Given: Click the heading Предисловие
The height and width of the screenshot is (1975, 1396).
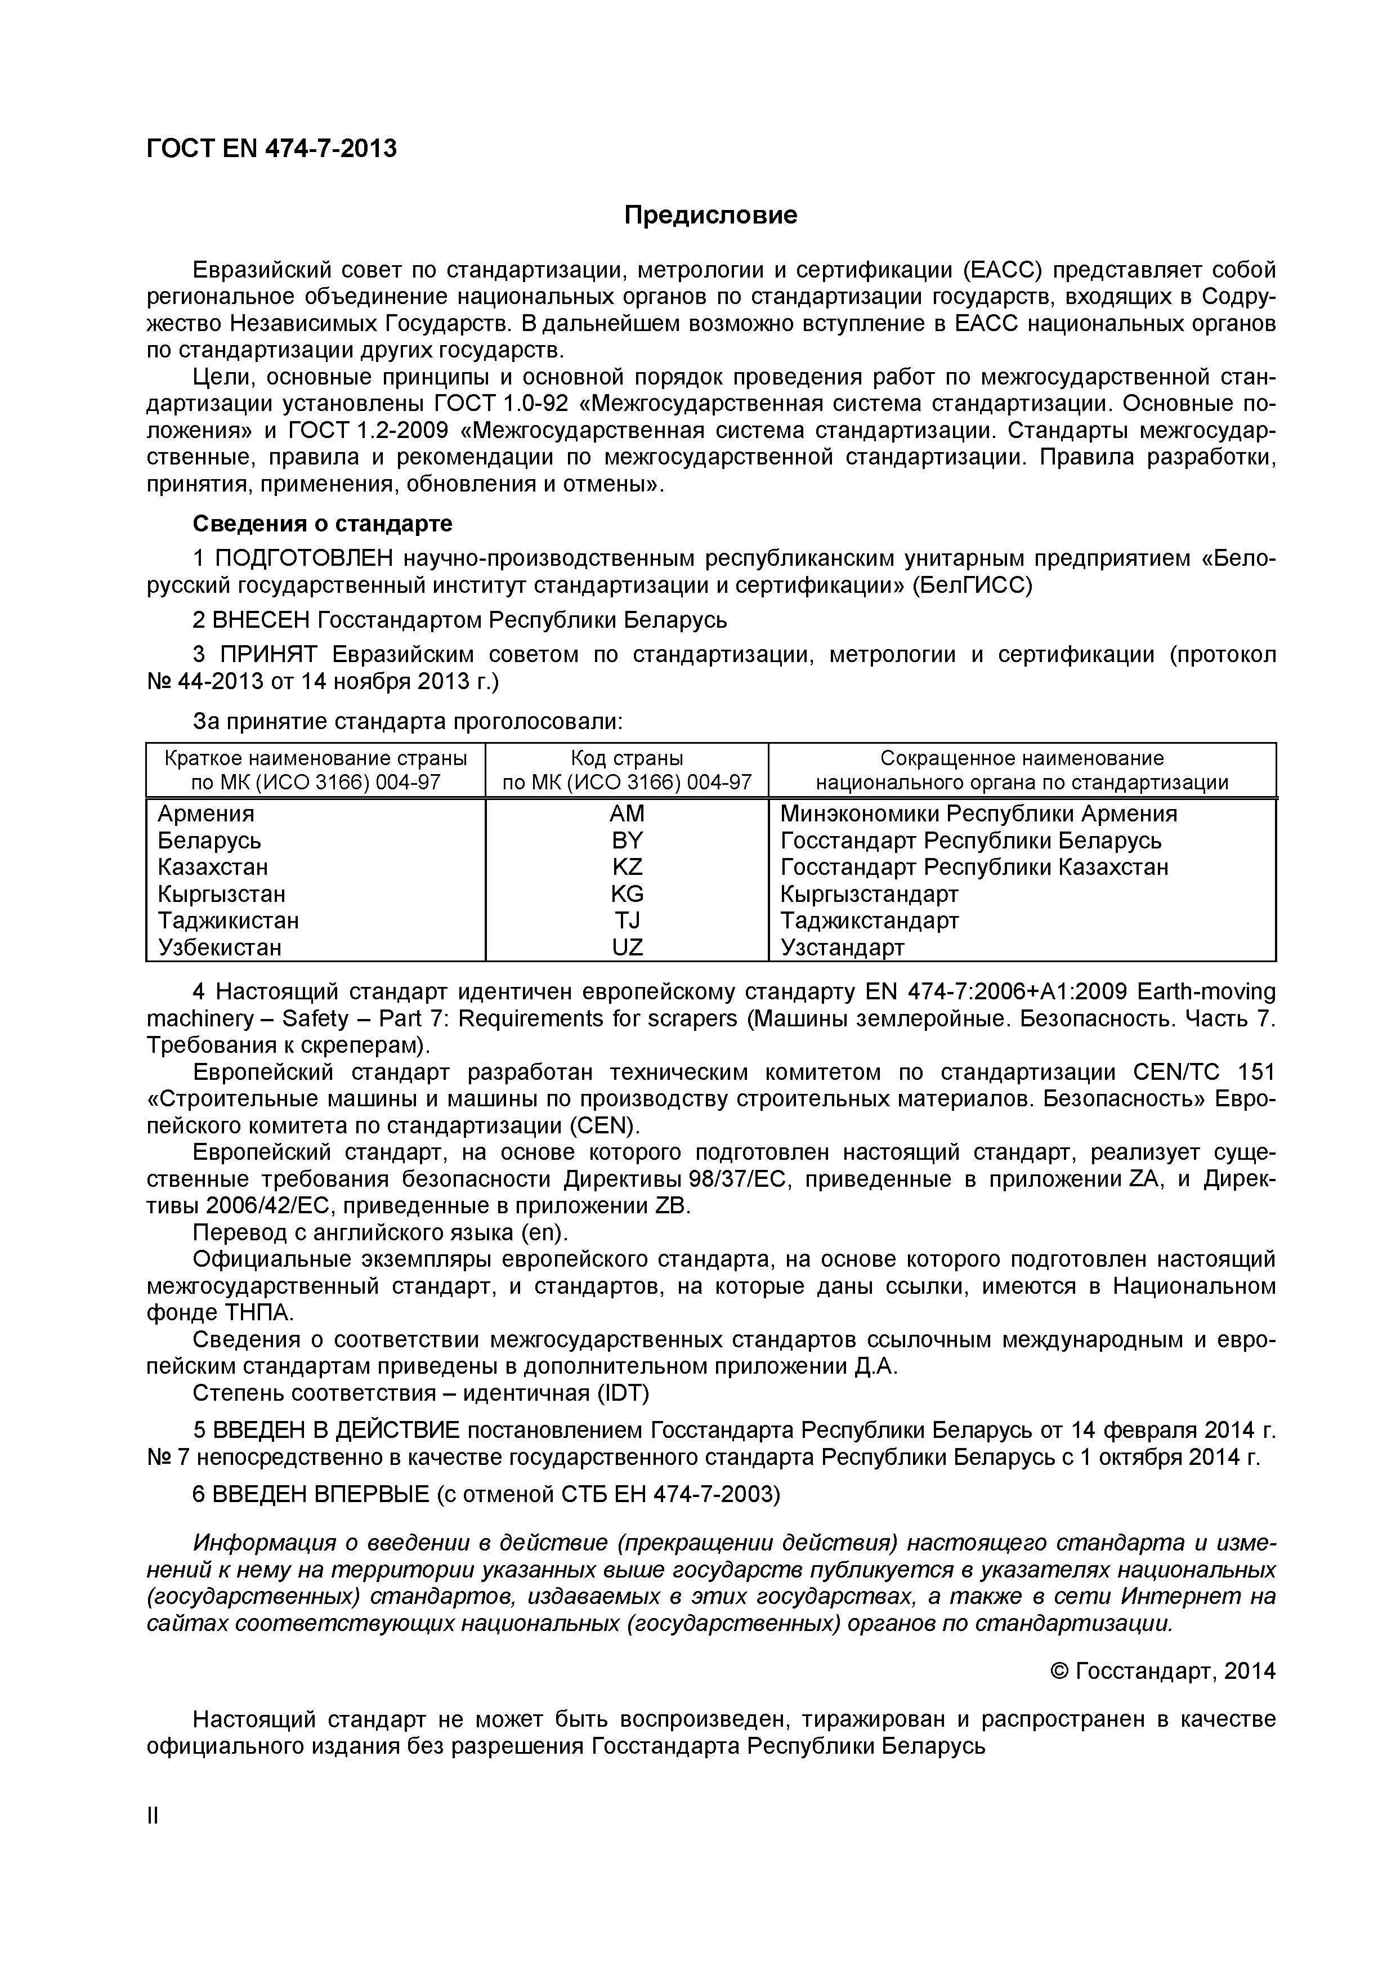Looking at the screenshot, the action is [710, 215].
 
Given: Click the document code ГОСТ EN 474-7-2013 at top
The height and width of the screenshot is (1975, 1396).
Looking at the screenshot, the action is [272, 149].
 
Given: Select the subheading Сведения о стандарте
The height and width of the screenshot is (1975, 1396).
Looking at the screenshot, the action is [321, 523].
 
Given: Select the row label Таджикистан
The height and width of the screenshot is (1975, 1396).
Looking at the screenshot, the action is [228, 921].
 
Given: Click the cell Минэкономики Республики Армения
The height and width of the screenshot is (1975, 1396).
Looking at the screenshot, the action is [978, 814].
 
